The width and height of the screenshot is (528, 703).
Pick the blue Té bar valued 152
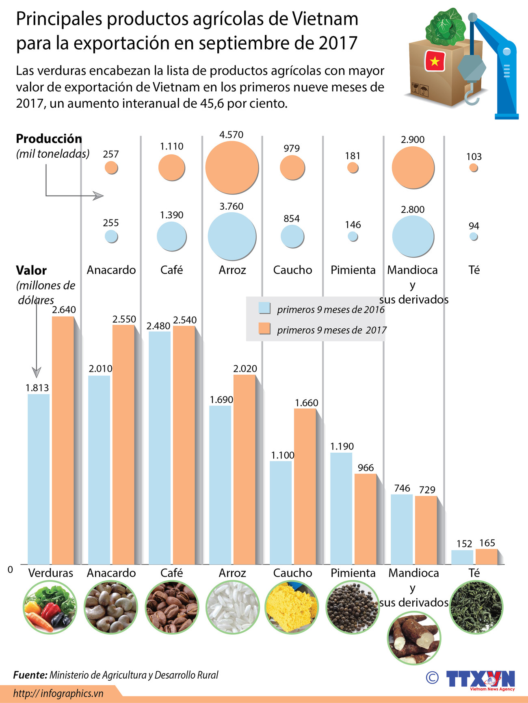click(462, 557)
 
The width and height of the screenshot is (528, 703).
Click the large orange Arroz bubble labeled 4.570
click(232, 167)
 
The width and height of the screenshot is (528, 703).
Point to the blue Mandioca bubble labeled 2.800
click(413, 237)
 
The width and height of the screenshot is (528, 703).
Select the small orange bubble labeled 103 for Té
click(474, 167)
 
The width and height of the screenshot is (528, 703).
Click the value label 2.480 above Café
click(158, 326)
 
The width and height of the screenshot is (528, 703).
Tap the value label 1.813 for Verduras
click(37, 388)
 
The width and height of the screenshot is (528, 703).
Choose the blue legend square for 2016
click(264, 308)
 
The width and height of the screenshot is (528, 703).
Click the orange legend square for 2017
click(264, 328)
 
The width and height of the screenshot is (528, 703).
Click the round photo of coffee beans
click(172, 607)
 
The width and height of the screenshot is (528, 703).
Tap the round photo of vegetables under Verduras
click(50, 607)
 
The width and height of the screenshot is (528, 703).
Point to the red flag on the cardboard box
click(435, 61)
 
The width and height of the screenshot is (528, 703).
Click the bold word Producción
click(49, 139)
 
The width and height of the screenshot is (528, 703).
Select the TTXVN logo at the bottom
click(480, 679)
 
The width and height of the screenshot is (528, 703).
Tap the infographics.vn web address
click(58, 693)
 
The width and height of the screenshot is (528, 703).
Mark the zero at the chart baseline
click(10, 570)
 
